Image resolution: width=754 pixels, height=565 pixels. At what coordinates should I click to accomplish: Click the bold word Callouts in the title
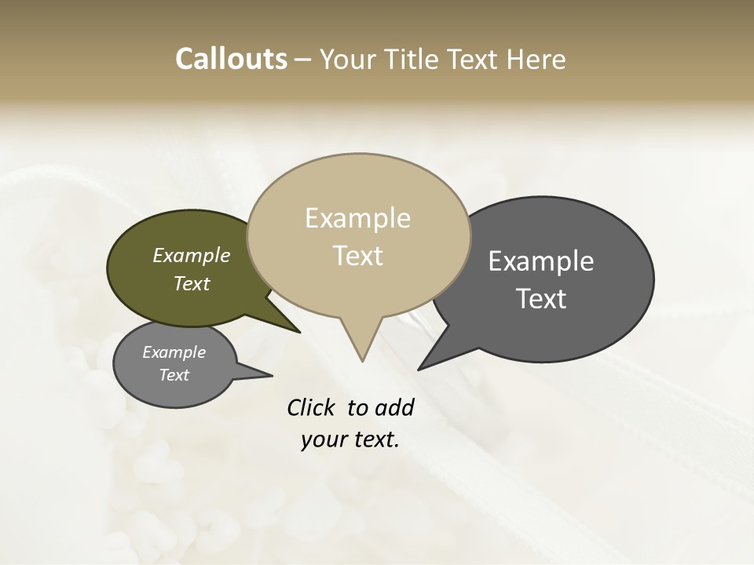point(231,59)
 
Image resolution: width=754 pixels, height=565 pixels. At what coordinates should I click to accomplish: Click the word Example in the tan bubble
point(357,218)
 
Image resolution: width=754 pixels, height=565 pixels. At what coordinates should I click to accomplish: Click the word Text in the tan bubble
point(358,256)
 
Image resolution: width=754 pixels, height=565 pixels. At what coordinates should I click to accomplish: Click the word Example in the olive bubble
point(192,256)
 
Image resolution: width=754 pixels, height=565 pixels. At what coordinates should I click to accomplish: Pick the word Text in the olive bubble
point(192,284)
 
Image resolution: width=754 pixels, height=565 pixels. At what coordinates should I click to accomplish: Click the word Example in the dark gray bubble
point(541,261)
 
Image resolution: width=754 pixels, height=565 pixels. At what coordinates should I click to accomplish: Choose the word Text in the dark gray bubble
point(542,299)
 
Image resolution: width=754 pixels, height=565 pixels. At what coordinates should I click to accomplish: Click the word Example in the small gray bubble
point(174,352)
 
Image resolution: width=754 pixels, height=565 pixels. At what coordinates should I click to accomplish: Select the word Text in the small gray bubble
point(174,375)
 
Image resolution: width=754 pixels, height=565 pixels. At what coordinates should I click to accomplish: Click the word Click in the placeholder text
point(311,407)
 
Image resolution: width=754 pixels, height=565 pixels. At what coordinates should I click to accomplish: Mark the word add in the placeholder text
point(394,407)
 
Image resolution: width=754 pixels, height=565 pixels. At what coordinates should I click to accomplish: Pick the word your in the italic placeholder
point(323,439)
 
